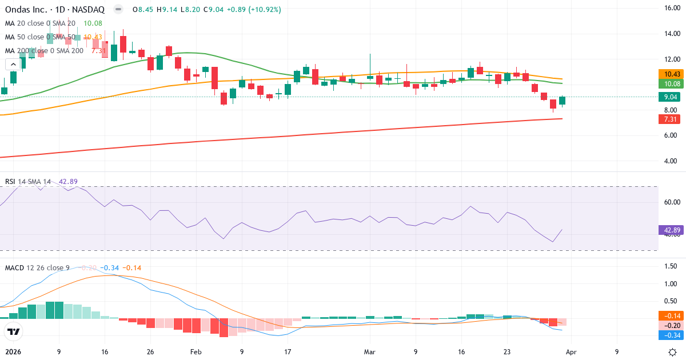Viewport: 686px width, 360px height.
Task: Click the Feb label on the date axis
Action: coord(196,352)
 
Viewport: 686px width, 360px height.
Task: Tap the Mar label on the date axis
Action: coord(370,352)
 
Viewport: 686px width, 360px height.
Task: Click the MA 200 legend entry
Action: coord(44,51)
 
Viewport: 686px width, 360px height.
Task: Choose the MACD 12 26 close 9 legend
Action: coord(38,267)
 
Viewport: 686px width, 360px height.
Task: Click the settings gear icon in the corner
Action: coord(673,352)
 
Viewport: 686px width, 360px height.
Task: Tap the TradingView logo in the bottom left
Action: coord(13,331)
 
